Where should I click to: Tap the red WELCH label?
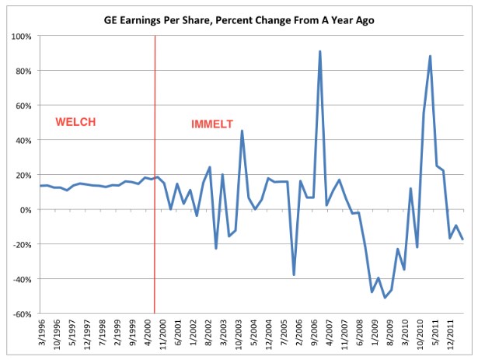[74, 122]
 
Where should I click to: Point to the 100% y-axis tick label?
[20, 37]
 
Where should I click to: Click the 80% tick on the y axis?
[23, 72]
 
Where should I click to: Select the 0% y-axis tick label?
[25, 210]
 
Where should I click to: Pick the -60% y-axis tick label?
[21, 314]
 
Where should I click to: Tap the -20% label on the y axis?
[21, 245]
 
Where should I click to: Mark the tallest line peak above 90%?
[319, 51]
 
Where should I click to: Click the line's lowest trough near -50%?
[385, 297]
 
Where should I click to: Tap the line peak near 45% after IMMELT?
[242, 131]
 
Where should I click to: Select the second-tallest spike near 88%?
[430, 56]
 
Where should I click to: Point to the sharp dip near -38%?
[294, 274]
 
